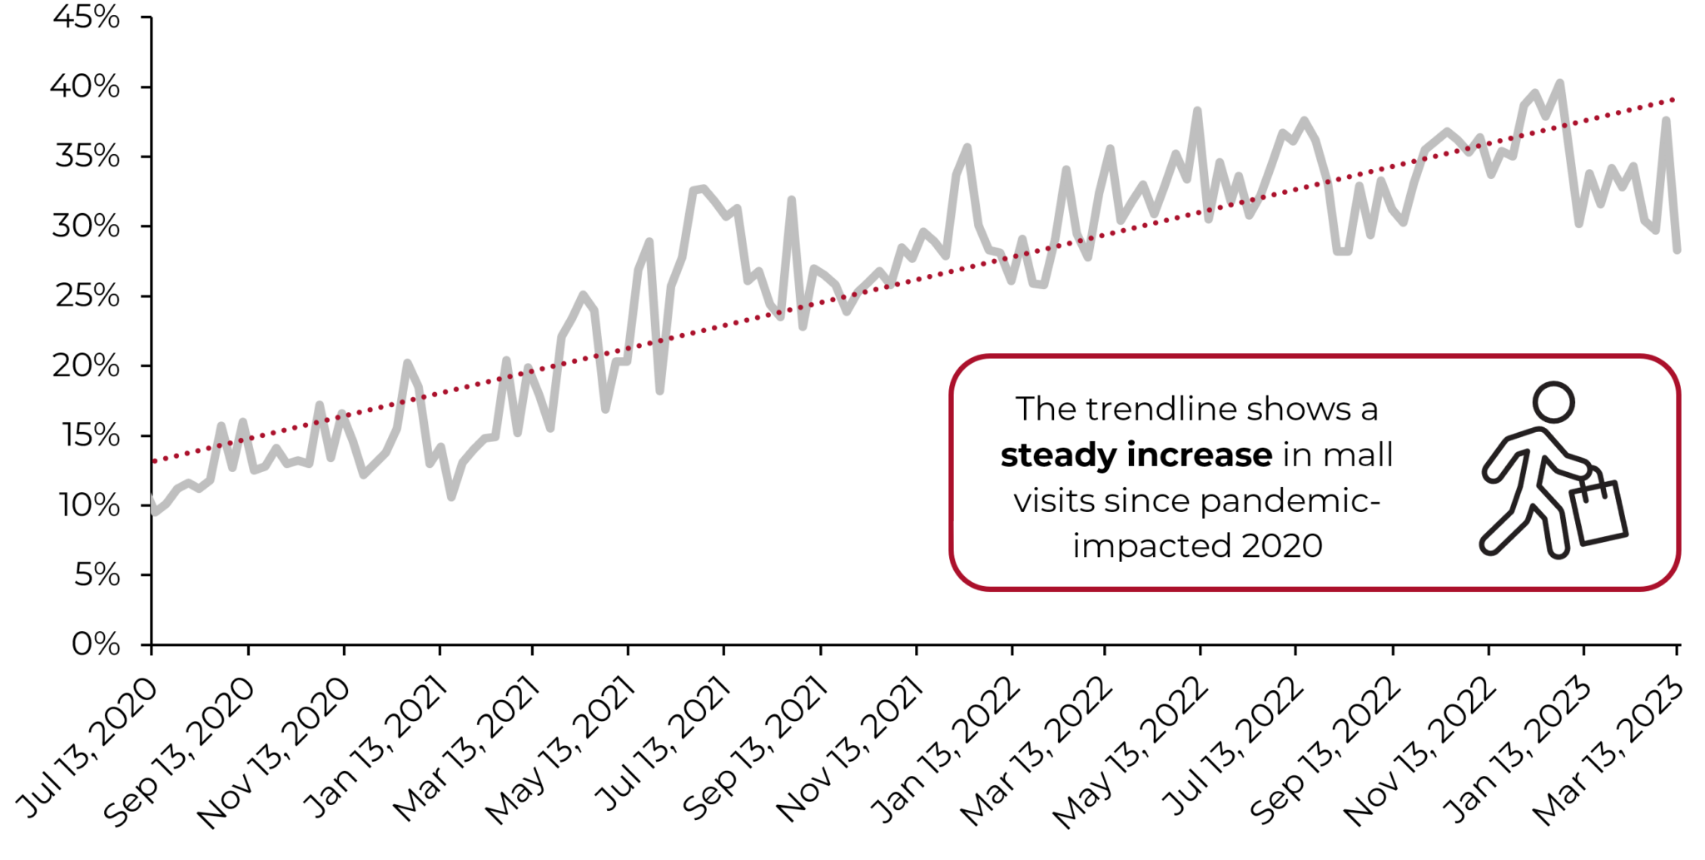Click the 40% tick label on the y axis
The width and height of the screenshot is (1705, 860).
pos(85,87)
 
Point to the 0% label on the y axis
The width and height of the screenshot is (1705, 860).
pos(95,644)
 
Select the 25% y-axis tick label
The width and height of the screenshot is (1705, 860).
pos(87,296)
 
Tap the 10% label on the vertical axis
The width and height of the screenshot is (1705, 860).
pos(87,505)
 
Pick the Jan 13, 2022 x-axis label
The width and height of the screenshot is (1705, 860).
pos(945,752)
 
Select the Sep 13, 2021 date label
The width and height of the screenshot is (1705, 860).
pos(754,752)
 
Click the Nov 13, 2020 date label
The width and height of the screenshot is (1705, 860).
pos(273,754)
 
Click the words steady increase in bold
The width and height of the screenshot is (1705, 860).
pos(1136,455)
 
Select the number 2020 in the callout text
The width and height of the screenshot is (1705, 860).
pos(1281,546)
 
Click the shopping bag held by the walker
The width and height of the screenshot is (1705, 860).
pos(1598,513)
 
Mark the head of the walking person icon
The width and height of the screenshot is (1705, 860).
pos(1553,402)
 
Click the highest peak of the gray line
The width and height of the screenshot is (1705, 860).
pos(1559,83)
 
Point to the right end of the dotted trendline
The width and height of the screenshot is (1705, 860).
pos(1673,100)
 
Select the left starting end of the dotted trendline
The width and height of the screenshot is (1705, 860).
pos(155,460)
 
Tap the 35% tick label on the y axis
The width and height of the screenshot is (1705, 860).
pos(87,157)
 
